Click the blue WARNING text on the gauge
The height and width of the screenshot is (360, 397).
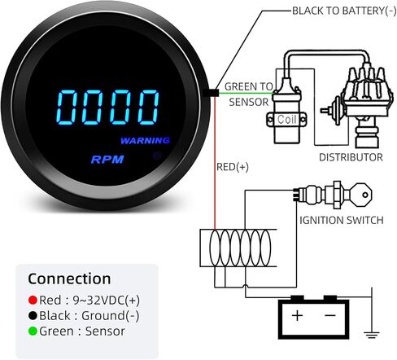[x=145, y=140]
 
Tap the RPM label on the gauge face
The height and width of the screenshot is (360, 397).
[x=107, y=160]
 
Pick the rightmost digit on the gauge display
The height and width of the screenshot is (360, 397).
[x=148, y=108]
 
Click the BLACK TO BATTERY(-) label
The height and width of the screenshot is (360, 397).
[x=344, y=11]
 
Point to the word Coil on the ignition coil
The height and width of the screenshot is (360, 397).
[x=286, y=119]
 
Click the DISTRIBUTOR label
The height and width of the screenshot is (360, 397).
[x=351, y=157]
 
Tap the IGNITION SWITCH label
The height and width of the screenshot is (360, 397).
[x=342, y=220]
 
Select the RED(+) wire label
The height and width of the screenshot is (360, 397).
[x=233, y=167]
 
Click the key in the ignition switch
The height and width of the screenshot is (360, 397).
[x=361, y=195]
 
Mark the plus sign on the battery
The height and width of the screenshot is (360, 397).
[x=297, y=315]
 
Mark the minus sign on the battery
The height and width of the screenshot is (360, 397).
[x=330, y=315]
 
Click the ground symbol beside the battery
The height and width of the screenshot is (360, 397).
[x=372, y=335]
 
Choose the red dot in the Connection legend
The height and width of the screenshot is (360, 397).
[x=33, y=300]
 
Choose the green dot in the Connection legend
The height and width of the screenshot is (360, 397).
[x=33, y=331]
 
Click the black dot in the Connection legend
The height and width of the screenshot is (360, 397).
[x=33, y=315]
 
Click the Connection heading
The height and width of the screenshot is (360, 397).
[x=69, y=279]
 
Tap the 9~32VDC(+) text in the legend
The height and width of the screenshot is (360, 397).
[x=107, y=301]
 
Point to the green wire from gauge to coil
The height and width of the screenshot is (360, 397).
[x=246, y=94]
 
